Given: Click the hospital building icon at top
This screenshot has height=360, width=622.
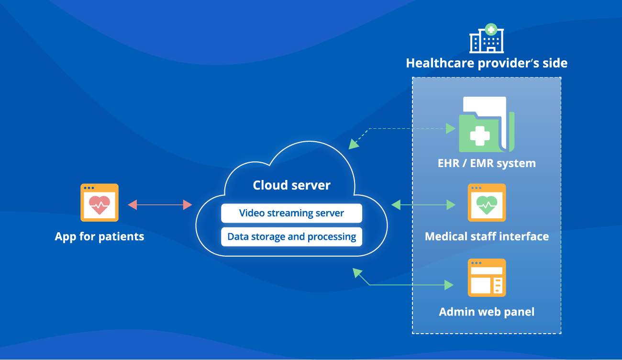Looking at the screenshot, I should point(487,38).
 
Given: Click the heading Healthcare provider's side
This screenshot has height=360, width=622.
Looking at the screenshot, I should point(487,63).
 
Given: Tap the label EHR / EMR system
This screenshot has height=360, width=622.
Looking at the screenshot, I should point(487,163).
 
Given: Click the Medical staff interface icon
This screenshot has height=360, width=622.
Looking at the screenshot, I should point(487,202).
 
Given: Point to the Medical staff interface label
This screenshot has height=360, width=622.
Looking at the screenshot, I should point(487,236).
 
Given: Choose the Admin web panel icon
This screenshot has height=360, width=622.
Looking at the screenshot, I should point(487,278).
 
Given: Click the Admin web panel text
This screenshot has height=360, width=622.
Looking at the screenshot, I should point(487,312).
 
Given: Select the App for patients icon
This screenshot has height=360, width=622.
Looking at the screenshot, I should point(100,202).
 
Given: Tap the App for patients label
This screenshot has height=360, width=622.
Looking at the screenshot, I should point(100,236).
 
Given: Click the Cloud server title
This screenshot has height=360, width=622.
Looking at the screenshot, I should point(291,185).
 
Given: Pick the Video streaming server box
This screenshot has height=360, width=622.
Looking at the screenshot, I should point(291,213).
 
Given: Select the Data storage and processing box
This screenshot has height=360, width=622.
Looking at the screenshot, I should point(291,236).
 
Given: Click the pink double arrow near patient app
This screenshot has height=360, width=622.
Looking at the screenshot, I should point(160,205).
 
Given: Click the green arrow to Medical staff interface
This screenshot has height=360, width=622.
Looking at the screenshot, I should point(423,205).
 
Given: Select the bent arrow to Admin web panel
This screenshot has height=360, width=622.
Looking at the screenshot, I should point(407,285).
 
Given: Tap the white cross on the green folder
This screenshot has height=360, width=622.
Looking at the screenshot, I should point(479,135).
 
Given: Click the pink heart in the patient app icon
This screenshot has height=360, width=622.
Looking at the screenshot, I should point(100,205).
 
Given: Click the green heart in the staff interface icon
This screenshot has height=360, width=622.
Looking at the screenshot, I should point(487,205).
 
